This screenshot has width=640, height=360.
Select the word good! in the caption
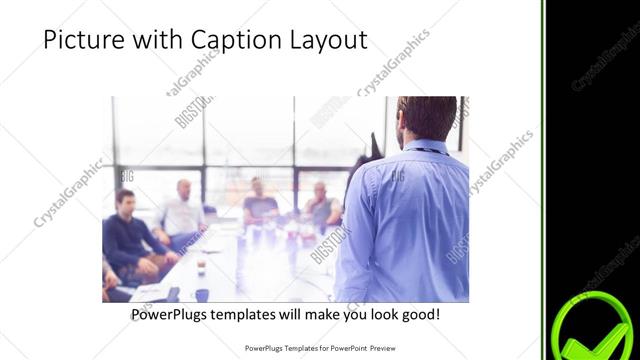[x=416, y=315]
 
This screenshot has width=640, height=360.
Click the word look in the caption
[x=372, y=315]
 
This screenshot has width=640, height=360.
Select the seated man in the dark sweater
[x=127, y=236]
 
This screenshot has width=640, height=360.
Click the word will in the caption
[x=303, y=315]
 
